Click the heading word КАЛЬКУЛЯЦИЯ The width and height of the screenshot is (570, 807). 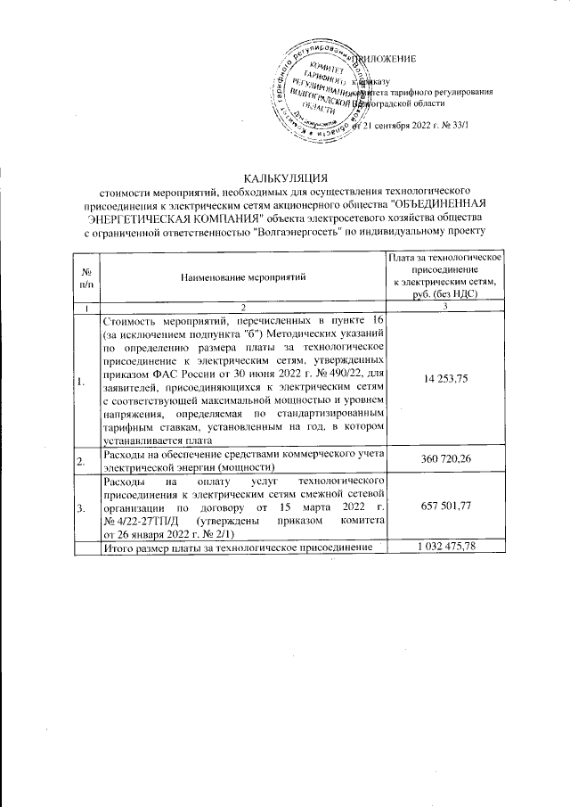click(x=286, y=177)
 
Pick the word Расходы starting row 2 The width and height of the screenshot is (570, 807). click(x=124, y=454)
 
